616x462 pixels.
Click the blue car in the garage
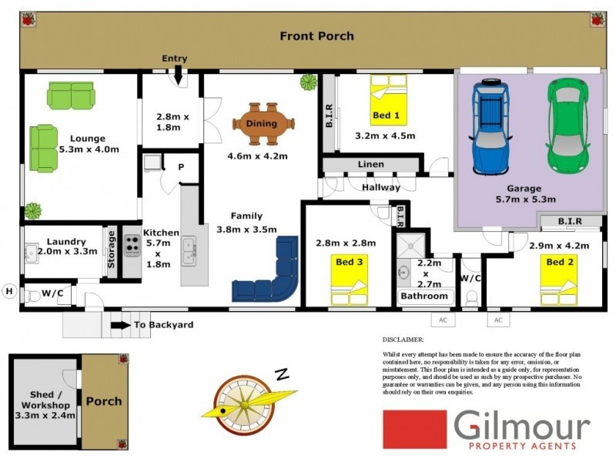(490, 127)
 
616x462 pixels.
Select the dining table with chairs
(263, 123)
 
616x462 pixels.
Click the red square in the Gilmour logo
(414, 429)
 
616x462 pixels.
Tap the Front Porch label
(316, 36)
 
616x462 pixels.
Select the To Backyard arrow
(120, 325)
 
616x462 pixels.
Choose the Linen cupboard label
(370, 165)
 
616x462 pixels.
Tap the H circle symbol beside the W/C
(9, 290)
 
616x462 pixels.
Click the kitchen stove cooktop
(131, 245)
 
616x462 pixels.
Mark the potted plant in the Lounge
(32, 210)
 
